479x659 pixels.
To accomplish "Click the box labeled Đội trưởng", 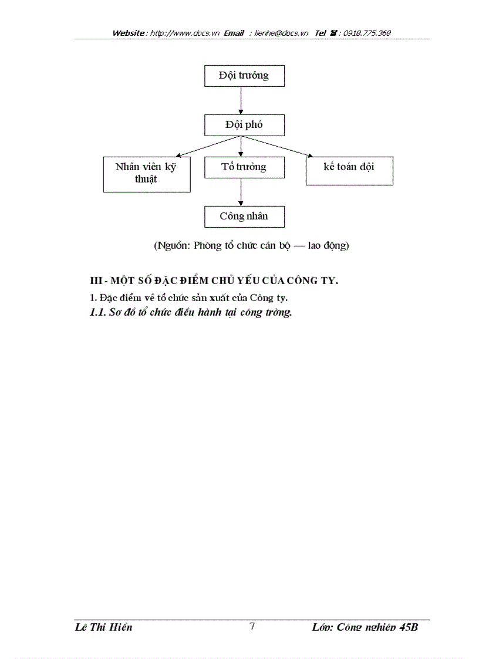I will point(244,76).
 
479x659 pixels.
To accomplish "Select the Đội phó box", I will point(244,126).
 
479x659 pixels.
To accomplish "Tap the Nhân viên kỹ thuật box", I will point(146,174).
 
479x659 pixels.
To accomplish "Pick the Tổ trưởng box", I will point(244,167).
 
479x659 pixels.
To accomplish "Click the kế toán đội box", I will point(349,171).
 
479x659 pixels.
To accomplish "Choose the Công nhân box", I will point(244,217).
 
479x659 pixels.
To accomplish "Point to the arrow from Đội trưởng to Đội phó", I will point(241,100).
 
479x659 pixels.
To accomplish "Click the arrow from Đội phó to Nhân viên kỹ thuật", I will point(208,146).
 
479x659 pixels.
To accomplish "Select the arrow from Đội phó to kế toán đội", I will point(276,146).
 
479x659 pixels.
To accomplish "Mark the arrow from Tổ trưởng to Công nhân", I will point(241,192).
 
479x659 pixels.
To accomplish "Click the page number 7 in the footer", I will point(252,626).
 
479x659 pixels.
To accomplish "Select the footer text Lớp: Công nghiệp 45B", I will point(365,627).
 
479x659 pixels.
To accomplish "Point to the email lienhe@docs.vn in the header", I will point(281,33).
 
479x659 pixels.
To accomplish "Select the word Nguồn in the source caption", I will point(172,245).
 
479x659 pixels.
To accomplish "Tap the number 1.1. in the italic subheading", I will point(97,313).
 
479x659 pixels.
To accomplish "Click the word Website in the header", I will point(129,33).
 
